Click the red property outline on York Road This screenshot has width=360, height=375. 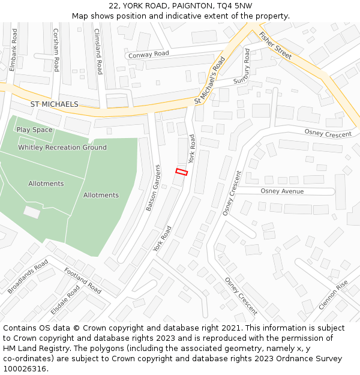click(181, 172)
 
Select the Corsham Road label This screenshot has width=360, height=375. click(56, 50)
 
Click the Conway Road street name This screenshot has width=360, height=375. click(149, 55)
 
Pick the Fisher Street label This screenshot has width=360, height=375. click(275, 46)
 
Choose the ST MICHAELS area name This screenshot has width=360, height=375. click(54, 104)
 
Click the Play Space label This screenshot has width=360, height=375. click(34, 130)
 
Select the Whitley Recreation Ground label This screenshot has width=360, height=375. click(62, 148)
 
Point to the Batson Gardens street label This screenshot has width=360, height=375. click(153, 187)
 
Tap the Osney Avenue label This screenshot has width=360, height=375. click(282, 191)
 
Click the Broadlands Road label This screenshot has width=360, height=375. click(28, 277)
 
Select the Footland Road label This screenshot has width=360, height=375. click(83, 280)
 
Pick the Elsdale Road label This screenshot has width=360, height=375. click(65, 299)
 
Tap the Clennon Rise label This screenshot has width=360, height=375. click(333, 295)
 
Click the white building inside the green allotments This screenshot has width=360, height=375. click(32, 212)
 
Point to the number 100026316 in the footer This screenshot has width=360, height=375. click(25, 368)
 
